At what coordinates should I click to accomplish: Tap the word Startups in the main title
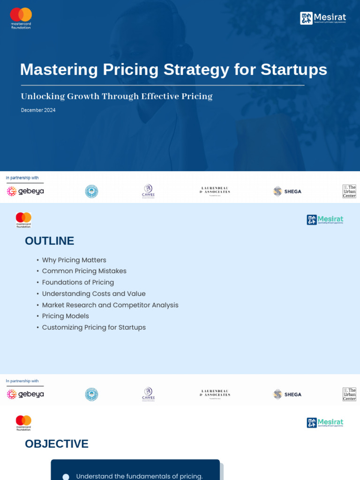pyautogui.click(x=294, y=69)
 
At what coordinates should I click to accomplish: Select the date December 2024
pyautogui.click(x=38, y=110)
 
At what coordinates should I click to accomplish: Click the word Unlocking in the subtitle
pyautogui.click(x=42, y=97)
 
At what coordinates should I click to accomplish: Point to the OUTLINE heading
pyautogui.click(x=49, y=241)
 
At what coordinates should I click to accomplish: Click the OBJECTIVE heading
pyautogui.click(x=56, y=444)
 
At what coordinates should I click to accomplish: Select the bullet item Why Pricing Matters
pyautogui.click(x=74, y=260)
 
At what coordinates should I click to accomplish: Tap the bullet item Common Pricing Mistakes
pyautogui.click(x=84, y=271)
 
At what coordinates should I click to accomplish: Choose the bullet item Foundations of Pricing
pyautogui.click(x=78, y=283)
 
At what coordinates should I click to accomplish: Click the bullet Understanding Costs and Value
pyautogui.click(x=94, y=294)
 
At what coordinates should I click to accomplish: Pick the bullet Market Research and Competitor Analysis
pyautogui.click(x=110, y=305)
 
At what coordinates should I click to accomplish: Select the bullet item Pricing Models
pyautogui.click(x=65, y=316)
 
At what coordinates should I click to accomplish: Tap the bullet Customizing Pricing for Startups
pyautogui.click(x=94, y=328)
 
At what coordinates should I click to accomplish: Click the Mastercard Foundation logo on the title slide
pyautogui.click(x=21, y=18)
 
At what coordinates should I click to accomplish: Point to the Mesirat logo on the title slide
pyautogui.click(x=323, y=18)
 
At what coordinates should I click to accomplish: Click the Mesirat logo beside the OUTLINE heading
pyautogui.click(x=325, y=220)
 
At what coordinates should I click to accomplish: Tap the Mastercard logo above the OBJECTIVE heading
pyautogui.click(x=23, y=422)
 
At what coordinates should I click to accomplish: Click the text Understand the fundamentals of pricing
pyautogui.click(x=139, y=476)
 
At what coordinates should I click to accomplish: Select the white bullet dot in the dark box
pyautogui.click(x=66, y=477)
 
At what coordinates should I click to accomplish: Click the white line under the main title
pyautogui.click(x=163, y=85)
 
